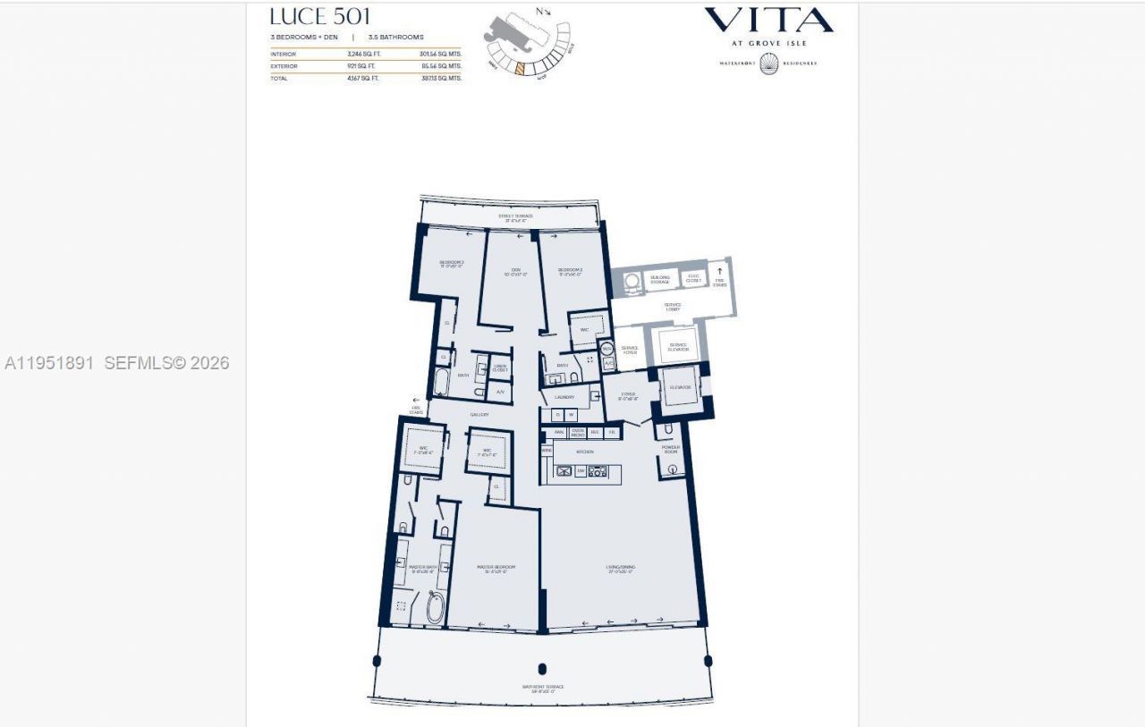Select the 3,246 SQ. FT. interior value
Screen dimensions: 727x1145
point(362,54)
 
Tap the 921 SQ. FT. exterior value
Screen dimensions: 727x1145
point(362,66)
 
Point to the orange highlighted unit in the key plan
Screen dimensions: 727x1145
point(518,67)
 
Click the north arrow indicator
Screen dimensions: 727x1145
point(543,12)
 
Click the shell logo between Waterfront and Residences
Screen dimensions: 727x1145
point(768,63)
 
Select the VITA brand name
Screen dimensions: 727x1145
point(768,21)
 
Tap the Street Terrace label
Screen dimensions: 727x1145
point(515,217)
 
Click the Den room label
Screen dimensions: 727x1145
point(515,272)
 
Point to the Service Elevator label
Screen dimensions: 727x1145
point(678,346)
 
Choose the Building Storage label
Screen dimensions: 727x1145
point(660,279)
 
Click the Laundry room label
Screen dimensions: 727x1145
point(564,397)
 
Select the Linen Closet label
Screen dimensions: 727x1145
point(500,368)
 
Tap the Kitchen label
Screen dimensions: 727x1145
point(585,452)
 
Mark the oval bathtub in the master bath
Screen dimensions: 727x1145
point(436,608)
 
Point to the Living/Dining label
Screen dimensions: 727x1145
point(621,569)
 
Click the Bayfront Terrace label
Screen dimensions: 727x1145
point(543,689)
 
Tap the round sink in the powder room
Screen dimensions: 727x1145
point(672,469)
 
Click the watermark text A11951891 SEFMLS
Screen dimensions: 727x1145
point(116,363)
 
